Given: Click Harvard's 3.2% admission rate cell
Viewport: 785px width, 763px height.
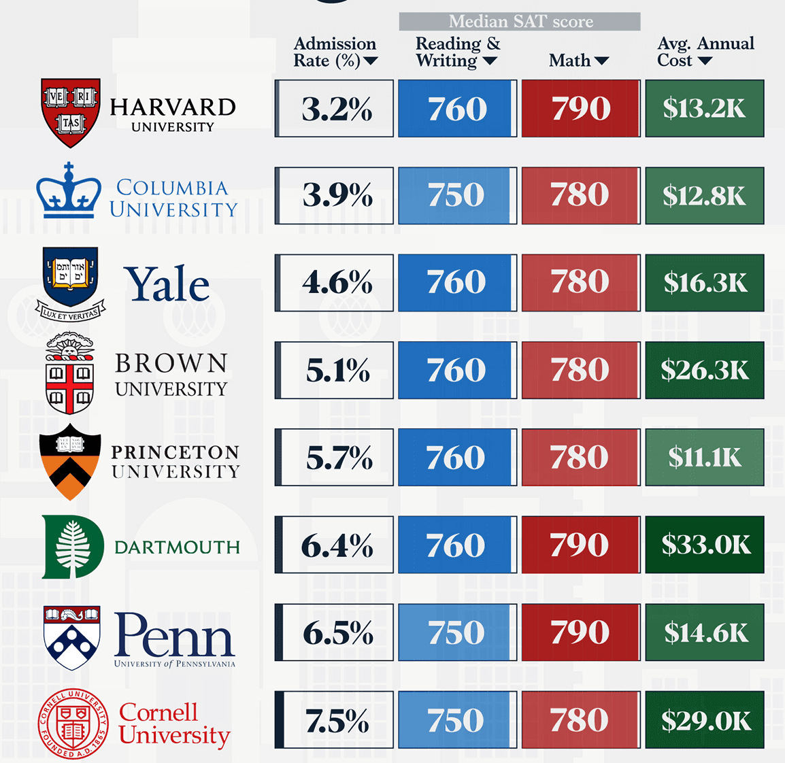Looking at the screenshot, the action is point(334,108).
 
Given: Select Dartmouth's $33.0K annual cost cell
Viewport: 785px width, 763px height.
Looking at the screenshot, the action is point(705,544).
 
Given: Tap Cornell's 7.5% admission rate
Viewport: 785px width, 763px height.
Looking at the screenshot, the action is point(334,719).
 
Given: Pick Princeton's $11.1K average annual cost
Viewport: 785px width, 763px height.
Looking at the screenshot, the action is point(705,457).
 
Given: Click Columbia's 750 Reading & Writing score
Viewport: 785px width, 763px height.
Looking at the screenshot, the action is point(458,196).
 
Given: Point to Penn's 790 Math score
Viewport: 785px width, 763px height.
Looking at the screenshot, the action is point(581,632).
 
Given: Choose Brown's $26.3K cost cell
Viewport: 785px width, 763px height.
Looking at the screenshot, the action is point(705,370).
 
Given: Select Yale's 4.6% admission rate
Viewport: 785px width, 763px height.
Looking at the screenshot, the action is point(334,283).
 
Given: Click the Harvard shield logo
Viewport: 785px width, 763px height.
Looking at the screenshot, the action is point(71,113).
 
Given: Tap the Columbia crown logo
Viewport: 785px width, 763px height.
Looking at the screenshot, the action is point(69,190).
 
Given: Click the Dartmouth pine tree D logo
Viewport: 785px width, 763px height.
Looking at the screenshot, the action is point(73,546).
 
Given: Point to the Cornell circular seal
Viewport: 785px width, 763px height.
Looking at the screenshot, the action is point(73,723).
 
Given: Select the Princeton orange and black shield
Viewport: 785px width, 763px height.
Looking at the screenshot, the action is point(70,461).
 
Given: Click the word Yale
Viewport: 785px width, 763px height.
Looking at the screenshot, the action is point(167,284).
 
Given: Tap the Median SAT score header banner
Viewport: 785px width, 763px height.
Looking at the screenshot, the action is point(520,22).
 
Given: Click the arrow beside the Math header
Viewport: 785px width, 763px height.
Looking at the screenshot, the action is point(601,61).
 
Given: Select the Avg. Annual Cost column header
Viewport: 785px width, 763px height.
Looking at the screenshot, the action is point(705,52).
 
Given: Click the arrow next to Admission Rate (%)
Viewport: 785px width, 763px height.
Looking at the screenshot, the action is point(371,61).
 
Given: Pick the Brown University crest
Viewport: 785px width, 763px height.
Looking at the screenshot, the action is point(69,373).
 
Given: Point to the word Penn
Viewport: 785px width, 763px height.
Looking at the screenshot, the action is point(174,635).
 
